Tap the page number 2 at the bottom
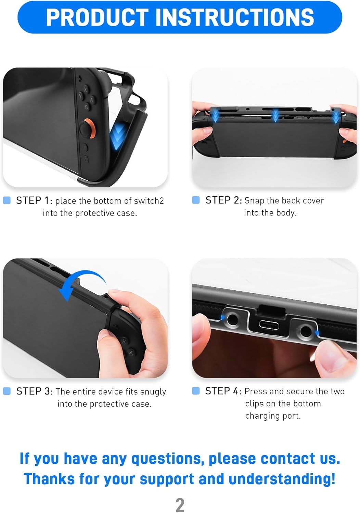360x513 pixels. (180, 505)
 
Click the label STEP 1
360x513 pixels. (34, 200)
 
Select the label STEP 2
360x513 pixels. (223, 200)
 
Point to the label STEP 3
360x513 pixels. (35, 391)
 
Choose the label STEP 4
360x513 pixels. (223, 391)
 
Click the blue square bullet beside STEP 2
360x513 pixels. (196, 200)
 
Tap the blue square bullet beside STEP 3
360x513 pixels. (7, 391)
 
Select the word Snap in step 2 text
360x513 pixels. (254, 201)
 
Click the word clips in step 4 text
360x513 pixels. (254, 404)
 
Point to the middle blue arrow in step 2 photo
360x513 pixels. (275, 116)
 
